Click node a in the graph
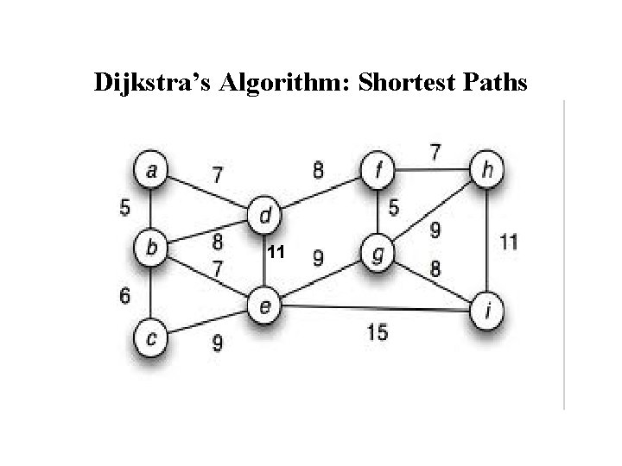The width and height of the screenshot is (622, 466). pos(152,170)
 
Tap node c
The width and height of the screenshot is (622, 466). pos(152,338)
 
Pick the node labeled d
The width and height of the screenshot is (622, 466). pos(265,212)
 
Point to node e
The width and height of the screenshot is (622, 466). pos(265,304)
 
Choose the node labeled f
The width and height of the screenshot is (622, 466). pos(377,170)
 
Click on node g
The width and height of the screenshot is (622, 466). pos(377,254)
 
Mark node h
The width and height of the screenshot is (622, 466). pos(488,170)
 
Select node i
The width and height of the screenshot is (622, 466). pos(488,312)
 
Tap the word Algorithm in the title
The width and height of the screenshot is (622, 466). pos(269,83)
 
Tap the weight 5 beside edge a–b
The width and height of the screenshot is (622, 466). pos(125,208)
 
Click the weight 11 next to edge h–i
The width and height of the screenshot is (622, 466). pos(510,242)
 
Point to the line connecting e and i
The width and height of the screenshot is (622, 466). pos(380,307)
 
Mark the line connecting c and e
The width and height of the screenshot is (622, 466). pos(207,321)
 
